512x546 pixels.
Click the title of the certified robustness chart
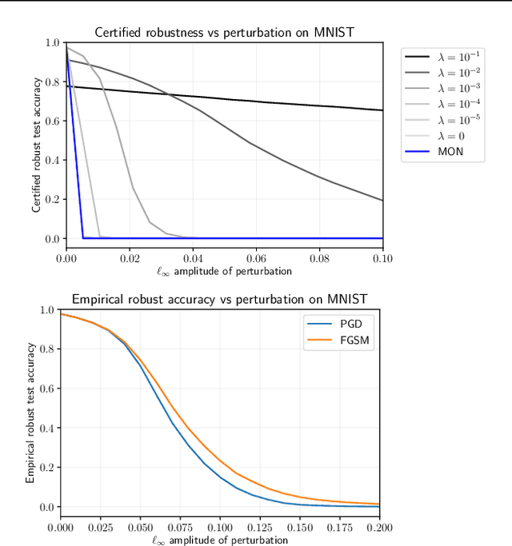[224, 33]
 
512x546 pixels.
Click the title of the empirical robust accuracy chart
[219, 299]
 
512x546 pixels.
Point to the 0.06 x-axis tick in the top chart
[256, 259]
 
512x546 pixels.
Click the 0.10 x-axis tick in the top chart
[382, 259]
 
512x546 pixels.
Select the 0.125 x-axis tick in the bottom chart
[260, 528]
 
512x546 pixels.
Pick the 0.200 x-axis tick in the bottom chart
[379, 528]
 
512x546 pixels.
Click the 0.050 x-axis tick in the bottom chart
[140, 528]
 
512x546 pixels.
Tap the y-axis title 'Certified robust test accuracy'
[37, 140]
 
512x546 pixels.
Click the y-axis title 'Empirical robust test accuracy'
[30, 412]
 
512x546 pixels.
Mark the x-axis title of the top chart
[224, 271]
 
